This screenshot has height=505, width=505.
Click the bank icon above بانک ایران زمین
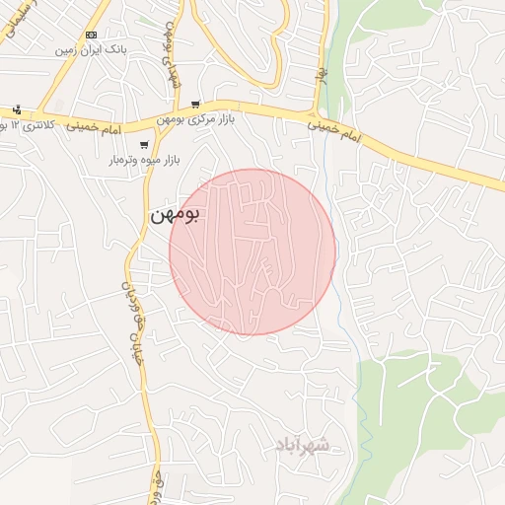pos(91,35)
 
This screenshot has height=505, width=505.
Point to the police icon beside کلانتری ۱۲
pos(17,109)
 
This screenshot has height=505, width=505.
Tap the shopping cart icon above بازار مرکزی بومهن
pos(196,104)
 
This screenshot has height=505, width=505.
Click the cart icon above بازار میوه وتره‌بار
pos(144,144)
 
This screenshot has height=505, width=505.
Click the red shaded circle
pos(252,252)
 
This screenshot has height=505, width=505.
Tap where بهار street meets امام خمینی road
pos(317,111)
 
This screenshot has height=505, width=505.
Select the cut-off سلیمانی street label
pos(12,22)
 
